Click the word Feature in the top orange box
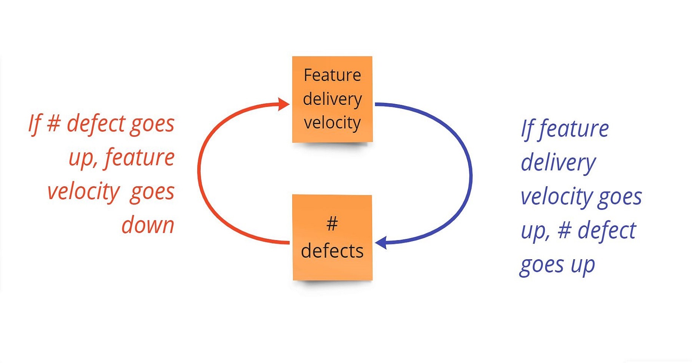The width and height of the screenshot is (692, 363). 332,75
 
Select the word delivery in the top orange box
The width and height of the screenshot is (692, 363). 332,99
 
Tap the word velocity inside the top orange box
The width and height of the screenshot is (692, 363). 332,123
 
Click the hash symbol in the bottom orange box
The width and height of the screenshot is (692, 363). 332,223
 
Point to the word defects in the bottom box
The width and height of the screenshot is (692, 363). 332,251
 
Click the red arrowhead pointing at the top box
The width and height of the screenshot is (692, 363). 284,104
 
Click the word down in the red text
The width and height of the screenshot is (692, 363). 148,225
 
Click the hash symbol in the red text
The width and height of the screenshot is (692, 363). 54,124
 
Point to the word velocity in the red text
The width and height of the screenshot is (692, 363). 83,192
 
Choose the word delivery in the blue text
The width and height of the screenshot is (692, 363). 558,163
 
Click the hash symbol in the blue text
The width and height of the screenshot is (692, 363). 564,230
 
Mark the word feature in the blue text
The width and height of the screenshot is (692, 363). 574,129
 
